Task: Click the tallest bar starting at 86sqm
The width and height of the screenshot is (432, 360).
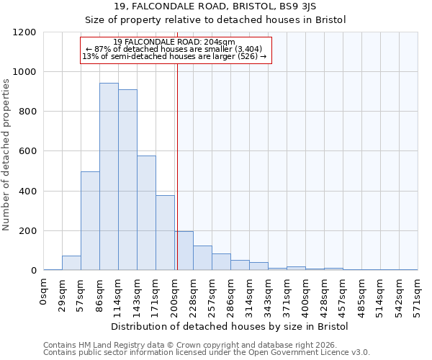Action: [109, 176]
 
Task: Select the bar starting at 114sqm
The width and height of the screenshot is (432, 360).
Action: [127, 180]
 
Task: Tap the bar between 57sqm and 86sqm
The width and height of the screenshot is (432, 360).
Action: [90, 221]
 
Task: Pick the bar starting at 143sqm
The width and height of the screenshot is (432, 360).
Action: [146, 213]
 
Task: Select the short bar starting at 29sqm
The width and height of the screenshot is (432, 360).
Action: [71, 263]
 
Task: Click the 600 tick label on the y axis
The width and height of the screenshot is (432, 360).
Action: [27, 151]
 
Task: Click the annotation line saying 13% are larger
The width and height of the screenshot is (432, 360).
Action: [174, 56]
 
